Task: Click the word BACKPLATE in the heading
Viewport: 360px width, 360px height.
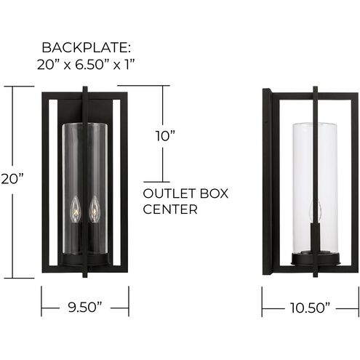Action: tap(86, 49)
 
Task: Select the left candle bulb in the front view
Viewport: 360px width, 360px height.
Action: tap(73, 212)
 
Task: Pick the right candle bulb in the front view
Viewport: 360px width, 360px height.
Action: tap(93, 212)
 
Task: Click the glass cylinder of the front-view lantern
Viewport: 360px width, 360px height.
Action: tap(84, 167)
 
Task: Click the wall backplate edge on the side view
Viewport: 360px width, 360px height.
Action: tap(266, 182)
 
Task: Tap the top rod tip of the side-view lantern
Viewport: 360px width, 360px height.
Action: tap(315, 89)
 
